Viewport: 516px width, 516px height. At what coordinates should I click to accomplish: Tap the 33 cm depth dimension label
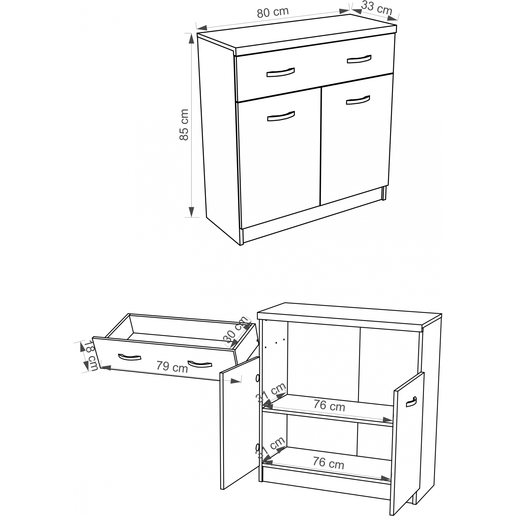tap(377, 8)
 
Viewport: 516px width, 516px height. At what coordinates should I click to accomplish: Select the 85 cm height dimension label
tap(184, 125)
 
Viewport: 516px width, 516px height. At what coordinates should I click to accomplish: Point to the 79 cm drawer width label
tap(172, 367)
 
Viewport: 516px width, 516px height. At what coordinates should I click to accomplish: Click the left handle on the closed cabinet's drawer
tap(280, 72)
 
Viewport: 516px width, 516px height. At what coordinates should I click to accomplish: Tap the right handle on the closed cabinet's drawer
tap(359, 59)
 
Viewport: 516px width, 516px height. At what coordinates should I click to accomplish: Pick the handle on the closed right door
tap(358, 100)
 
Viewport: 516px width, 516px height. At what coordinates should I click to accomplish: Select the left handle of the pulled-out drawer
tap(130, 357)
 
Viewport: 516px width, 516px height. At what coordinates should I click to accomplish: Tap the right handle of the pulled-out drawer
tap(200, 364)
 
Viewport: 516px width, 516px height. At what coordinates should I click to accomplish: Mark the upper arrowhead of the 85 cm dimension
tap(191, 38)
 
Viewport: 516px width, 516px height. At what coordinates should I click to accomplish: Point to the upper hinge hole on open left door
tap(257, 378)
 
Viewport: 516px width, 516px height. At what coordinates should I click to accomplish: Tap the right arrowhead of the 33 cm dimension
tap(392, 18)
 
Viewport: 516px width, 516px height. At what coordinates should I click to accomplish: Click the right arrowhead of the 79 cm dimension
tap(236, 381)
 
